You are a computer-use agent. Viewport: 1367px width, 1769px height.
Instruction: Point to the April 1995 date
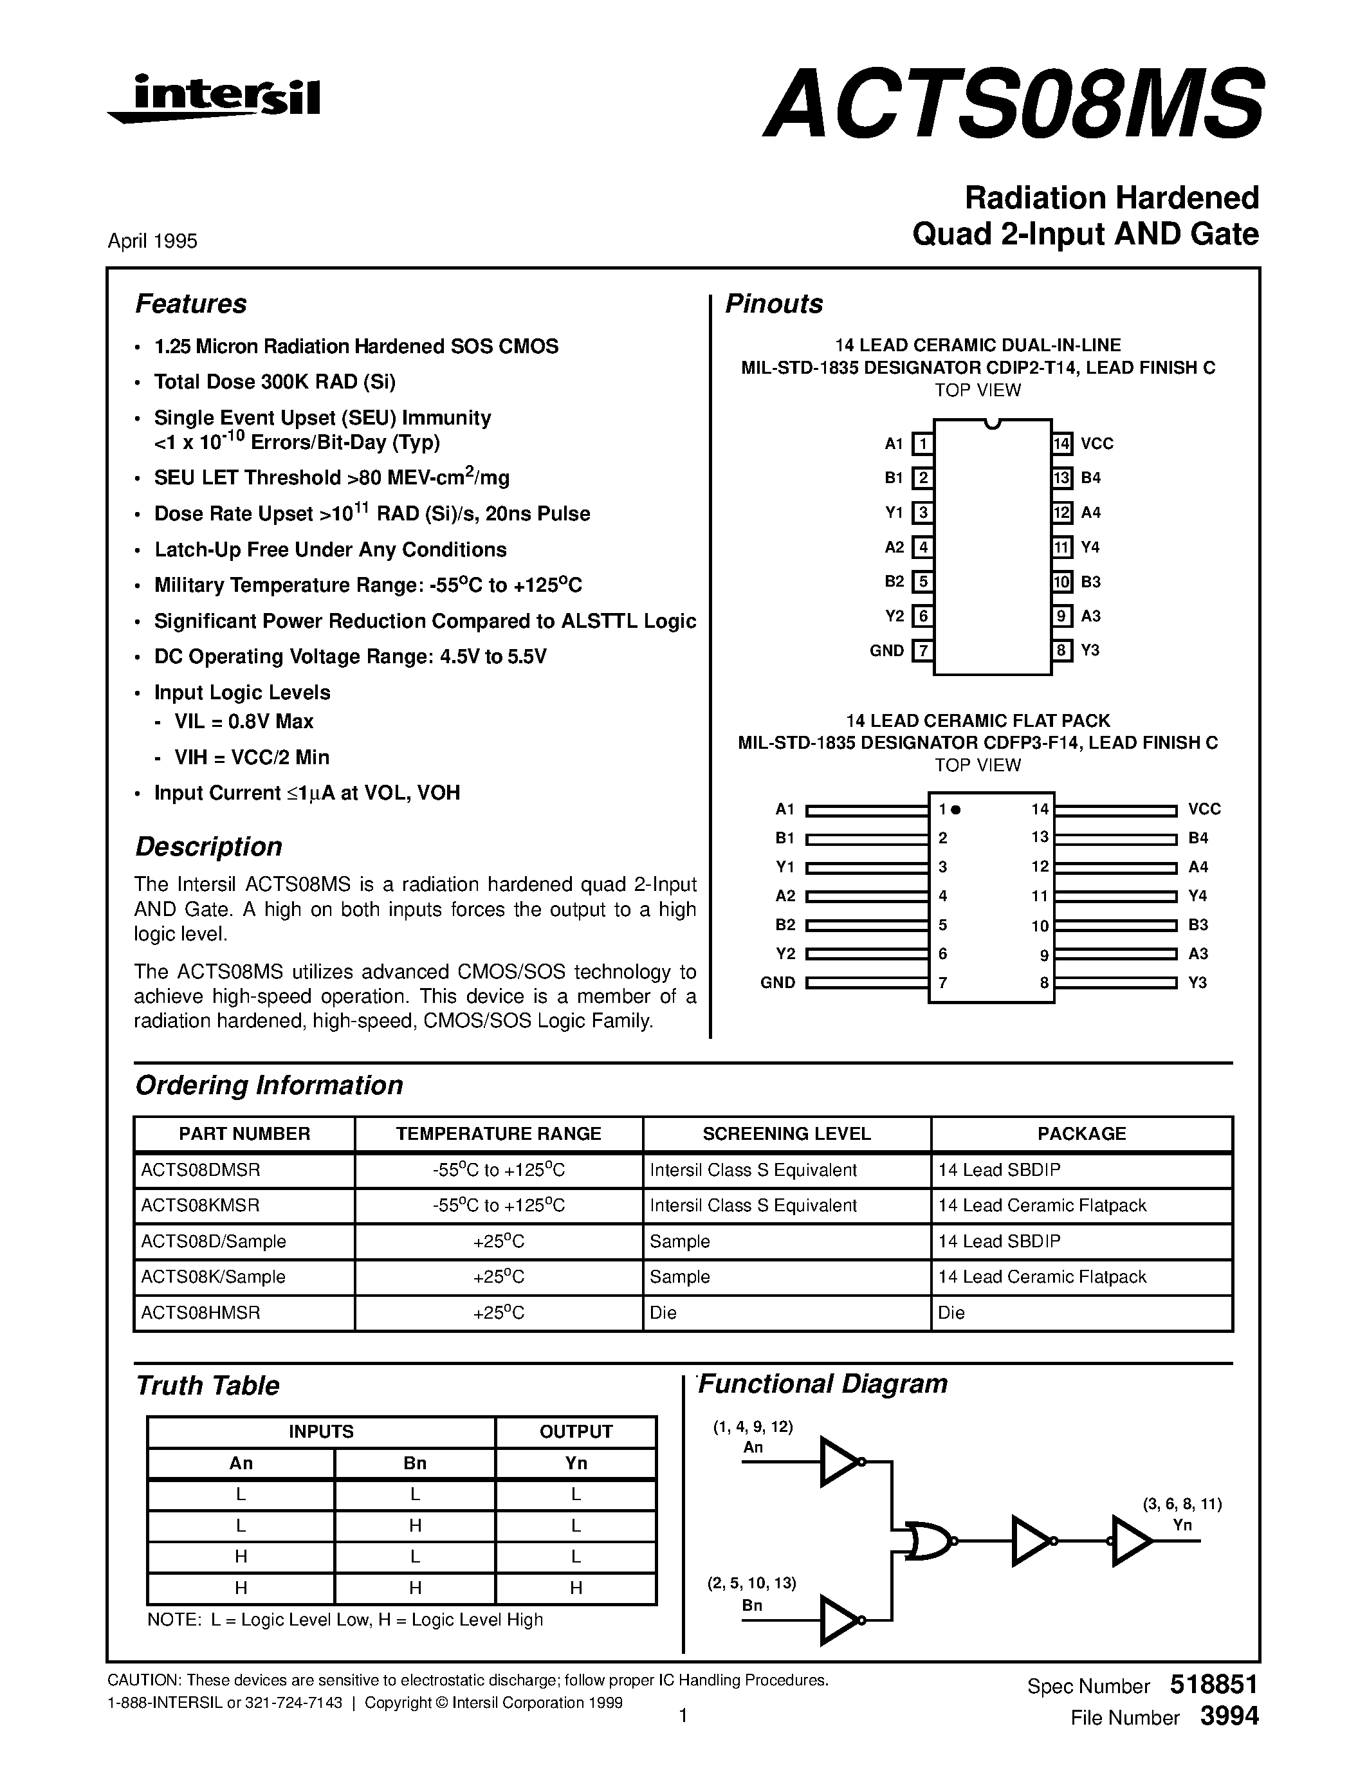[152, 241]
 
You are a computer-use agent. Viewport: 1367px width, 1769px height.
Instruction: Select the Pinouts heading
[773, 304]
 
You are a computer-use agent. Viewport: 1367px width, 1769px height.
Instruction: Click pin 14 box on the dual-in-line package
[1061, 444]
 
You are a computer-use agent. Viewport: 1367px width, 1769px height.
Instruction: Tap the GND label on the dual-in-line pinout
[886, 650]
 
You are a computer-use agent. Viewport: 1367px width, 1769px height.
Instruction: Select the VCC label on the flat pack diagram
[1204, 809]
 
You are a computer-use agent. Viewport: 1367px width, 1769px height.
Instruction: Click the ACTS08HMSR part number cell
[201, 1313]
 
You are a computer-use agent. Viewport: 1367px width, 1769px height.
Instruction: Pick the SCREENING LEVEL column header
[786, 1134]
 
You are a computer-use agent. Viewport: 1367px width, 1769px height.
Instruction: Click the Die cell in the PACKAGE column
[951, 1313]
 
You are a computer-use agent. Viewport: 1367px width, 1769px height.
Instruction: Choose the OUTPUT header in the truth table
[576, 1432]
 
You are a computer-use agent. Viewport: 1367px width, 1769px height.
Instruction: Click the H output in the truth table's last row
[576, 1588]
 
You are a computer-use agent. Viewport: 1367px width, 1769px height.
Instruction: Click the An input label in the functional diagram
[753, 1447]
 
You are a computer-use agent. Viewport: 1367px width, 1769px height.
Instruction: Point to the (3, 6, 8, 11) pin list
[1182, 1504]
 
